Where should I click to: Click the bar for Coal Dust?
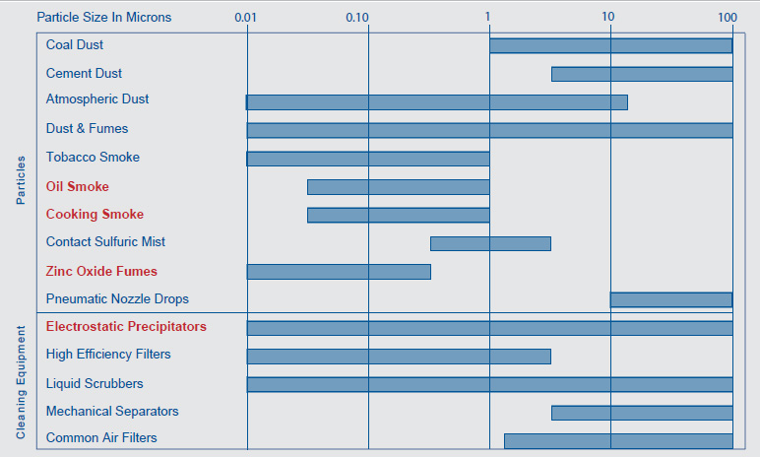610,45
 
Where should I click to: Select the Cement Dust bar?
642,74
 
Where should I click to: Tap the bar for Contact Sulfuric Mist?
490,243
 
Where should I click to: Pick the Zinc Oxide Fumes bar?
339,272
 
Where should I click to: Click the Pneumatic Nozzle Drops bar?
671,299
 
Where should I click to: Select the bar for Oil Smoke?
398,187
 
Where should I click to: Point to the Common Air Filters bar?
618,440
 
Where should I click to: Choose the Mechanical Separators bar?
642,413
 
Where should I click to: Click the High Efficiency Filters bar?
399,356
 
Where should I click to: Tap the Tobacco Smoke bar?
368,159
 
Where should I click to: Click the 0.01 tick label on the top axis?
247,18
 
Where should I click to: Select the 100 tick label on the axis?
728,18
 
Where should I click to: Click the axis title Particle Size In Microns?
103,18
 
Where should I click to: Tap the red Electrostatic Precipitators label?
126,327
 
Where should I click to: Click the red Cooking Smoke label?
95,215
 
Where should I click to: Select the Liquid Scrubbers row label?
95,383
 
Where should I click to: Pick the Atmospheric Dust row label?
97,99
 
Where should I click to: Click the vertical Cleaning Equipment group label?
21,384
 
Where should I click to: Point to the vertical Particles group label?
21,181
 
